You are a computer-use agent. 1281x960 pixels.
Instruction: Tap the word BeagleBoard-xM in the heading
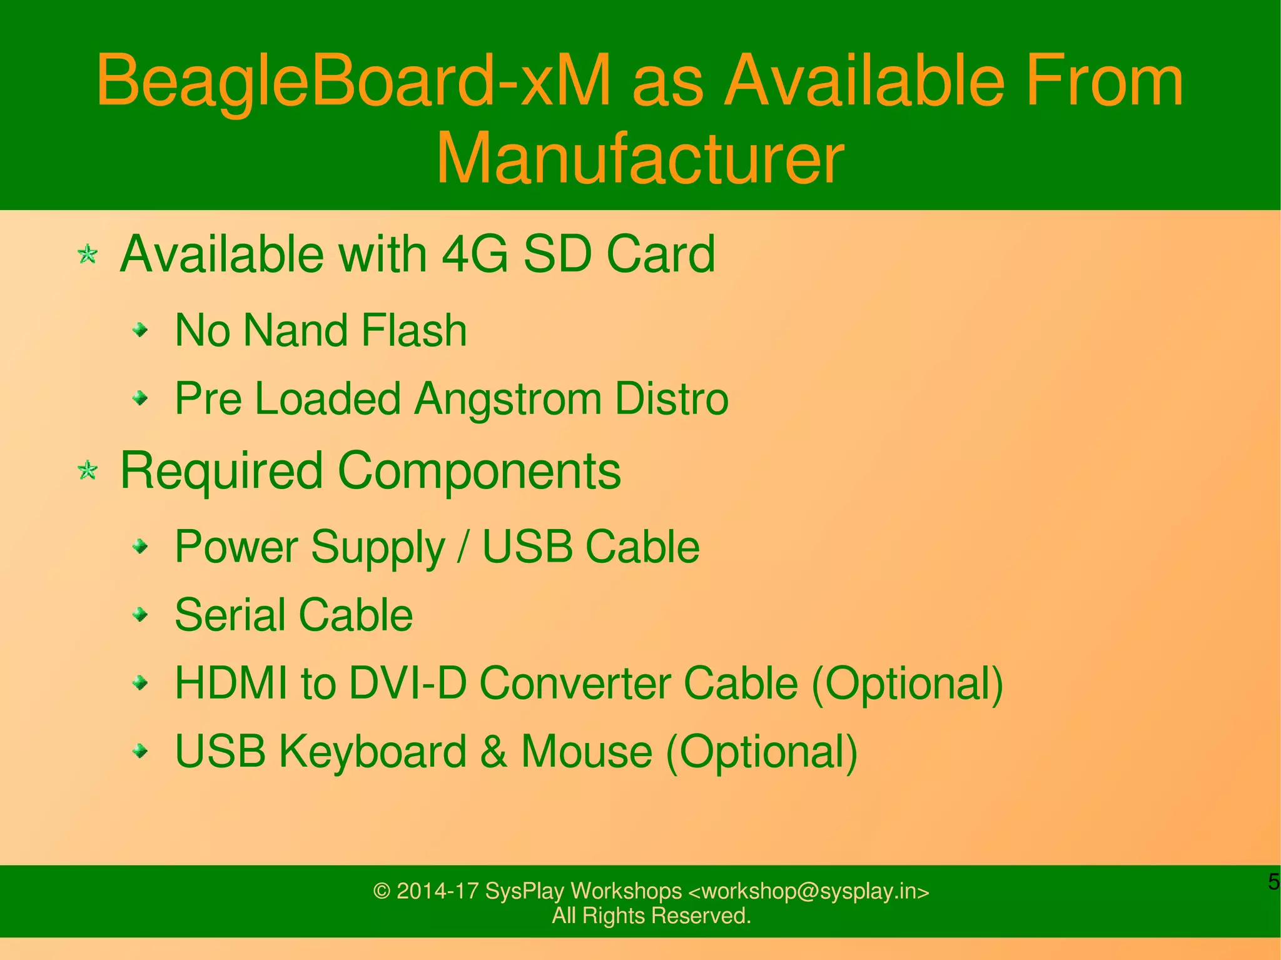pos(353,81)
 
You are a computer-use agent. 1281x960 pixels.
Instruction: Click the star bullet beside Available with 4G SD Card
pos(88,255)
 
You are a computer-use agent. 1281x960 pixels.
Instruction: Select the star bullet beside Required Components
pos(88,470)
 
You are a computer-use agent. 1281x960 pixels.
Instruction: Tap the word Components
pos(479,470)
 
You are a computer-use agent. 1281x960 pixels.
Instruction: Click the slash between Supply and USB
pos(463,547)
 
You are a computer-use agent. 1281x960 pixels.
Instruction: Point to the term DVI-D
pos(407,683)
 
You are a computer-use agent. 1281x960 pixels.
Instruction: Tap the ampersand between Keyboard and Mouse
pos(494,751)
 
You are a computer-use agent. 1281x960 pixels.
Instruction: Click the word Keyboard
pos(373,751)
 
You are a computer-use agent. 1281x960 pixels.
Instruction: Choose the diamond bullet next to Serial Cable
pos(141,615)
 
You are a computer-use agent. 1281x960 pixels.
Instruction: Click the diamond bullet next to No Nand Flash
pos(141,330)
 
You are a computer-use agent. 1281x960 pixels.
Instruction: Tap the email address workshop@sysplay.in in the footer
pos(808,891)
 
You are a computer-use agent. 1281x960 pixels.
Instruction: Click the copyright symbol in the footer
pos(382,891)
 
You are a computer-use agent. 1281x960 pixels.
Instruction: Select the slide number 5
pos(1273,882)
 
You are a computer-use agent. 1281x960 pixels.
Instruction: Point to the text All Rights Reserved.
pos(651,916)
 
